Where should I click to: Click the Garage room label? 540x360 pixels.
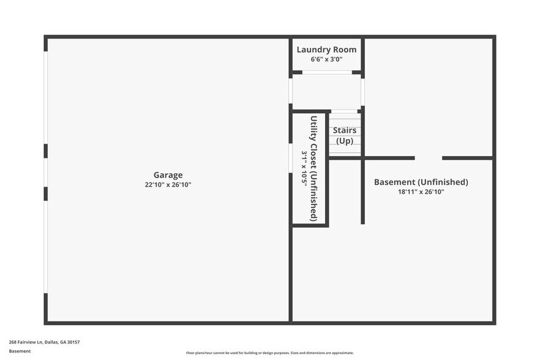click(x=168, y=175)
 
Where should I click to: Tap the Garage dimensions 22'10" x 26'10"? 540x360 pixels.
click(x=168, y=184)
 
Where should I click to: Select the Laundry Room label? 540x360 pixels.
click(x=326, y=50)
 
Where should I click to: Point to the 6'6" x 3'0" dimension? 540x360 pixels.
click(x=326, y=59)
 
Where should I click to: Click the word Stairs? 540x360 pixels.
click(x=344, y=130)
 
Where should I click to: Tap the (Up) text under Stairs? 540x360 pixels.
click(x=345, y=141)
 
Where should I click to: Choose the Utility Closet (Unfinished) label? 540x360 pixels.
click(x=313, y=168)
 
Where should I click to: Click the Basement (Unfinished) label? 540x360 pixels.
click(x=421, y=182)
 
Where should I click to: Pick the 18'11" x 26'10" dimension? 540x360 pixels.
click(x=421, y=192)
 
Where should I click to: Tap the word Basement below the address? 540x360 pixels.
click(x=20, y=351)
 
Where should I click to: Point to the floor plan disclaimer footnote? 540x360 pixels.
click(x=270, y=353)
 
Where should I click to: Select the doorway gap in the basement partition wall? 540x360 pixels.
click(x=428, y=158)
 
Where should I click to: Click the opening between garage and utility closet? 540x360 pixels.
click(x=290, y=158)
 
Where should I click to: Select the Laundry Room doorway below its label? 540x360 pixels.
click(x=326, y=72)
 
